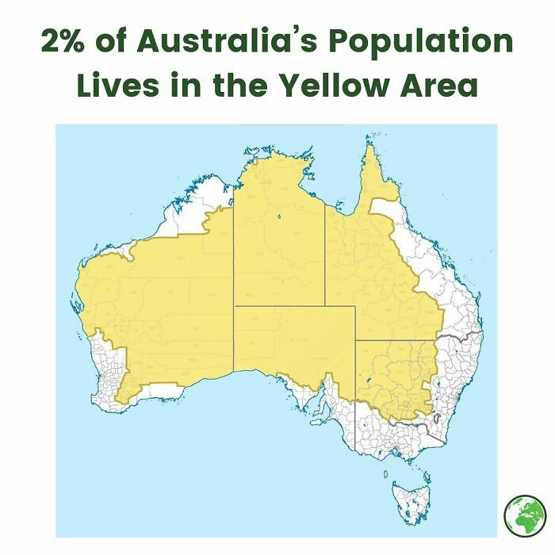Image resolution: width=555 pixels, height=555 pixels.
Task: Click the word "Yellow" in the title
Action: click(x=343, y=85)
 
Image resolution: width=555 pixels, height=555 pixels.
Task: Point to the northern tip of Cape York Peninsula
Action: click(x=369, y=147)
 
